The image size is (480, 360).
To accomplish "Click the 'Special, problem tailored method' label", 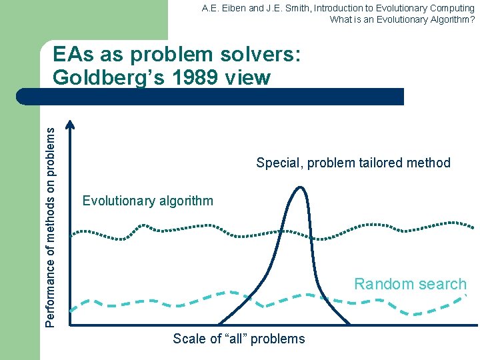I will tap(353, 163).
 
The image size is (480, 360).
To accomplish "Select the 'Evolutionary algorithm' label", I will tap(147, 201).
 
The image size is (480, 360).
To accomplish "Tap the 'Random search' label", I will tap(410, 284).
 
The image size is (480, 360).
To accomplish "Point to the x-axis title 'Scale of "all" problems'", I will tap(239, 339).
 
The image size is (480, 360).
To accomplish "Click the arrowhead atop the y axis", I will tap(71, 123).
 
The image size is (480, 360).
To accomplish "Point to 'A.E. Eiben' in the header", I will tap(223, 8).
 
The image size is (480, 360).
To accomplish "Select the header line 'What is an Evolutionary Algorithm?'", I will tap(402, 19).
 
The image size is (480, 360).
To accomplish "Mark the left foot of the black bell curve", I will tap(219, 325).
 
